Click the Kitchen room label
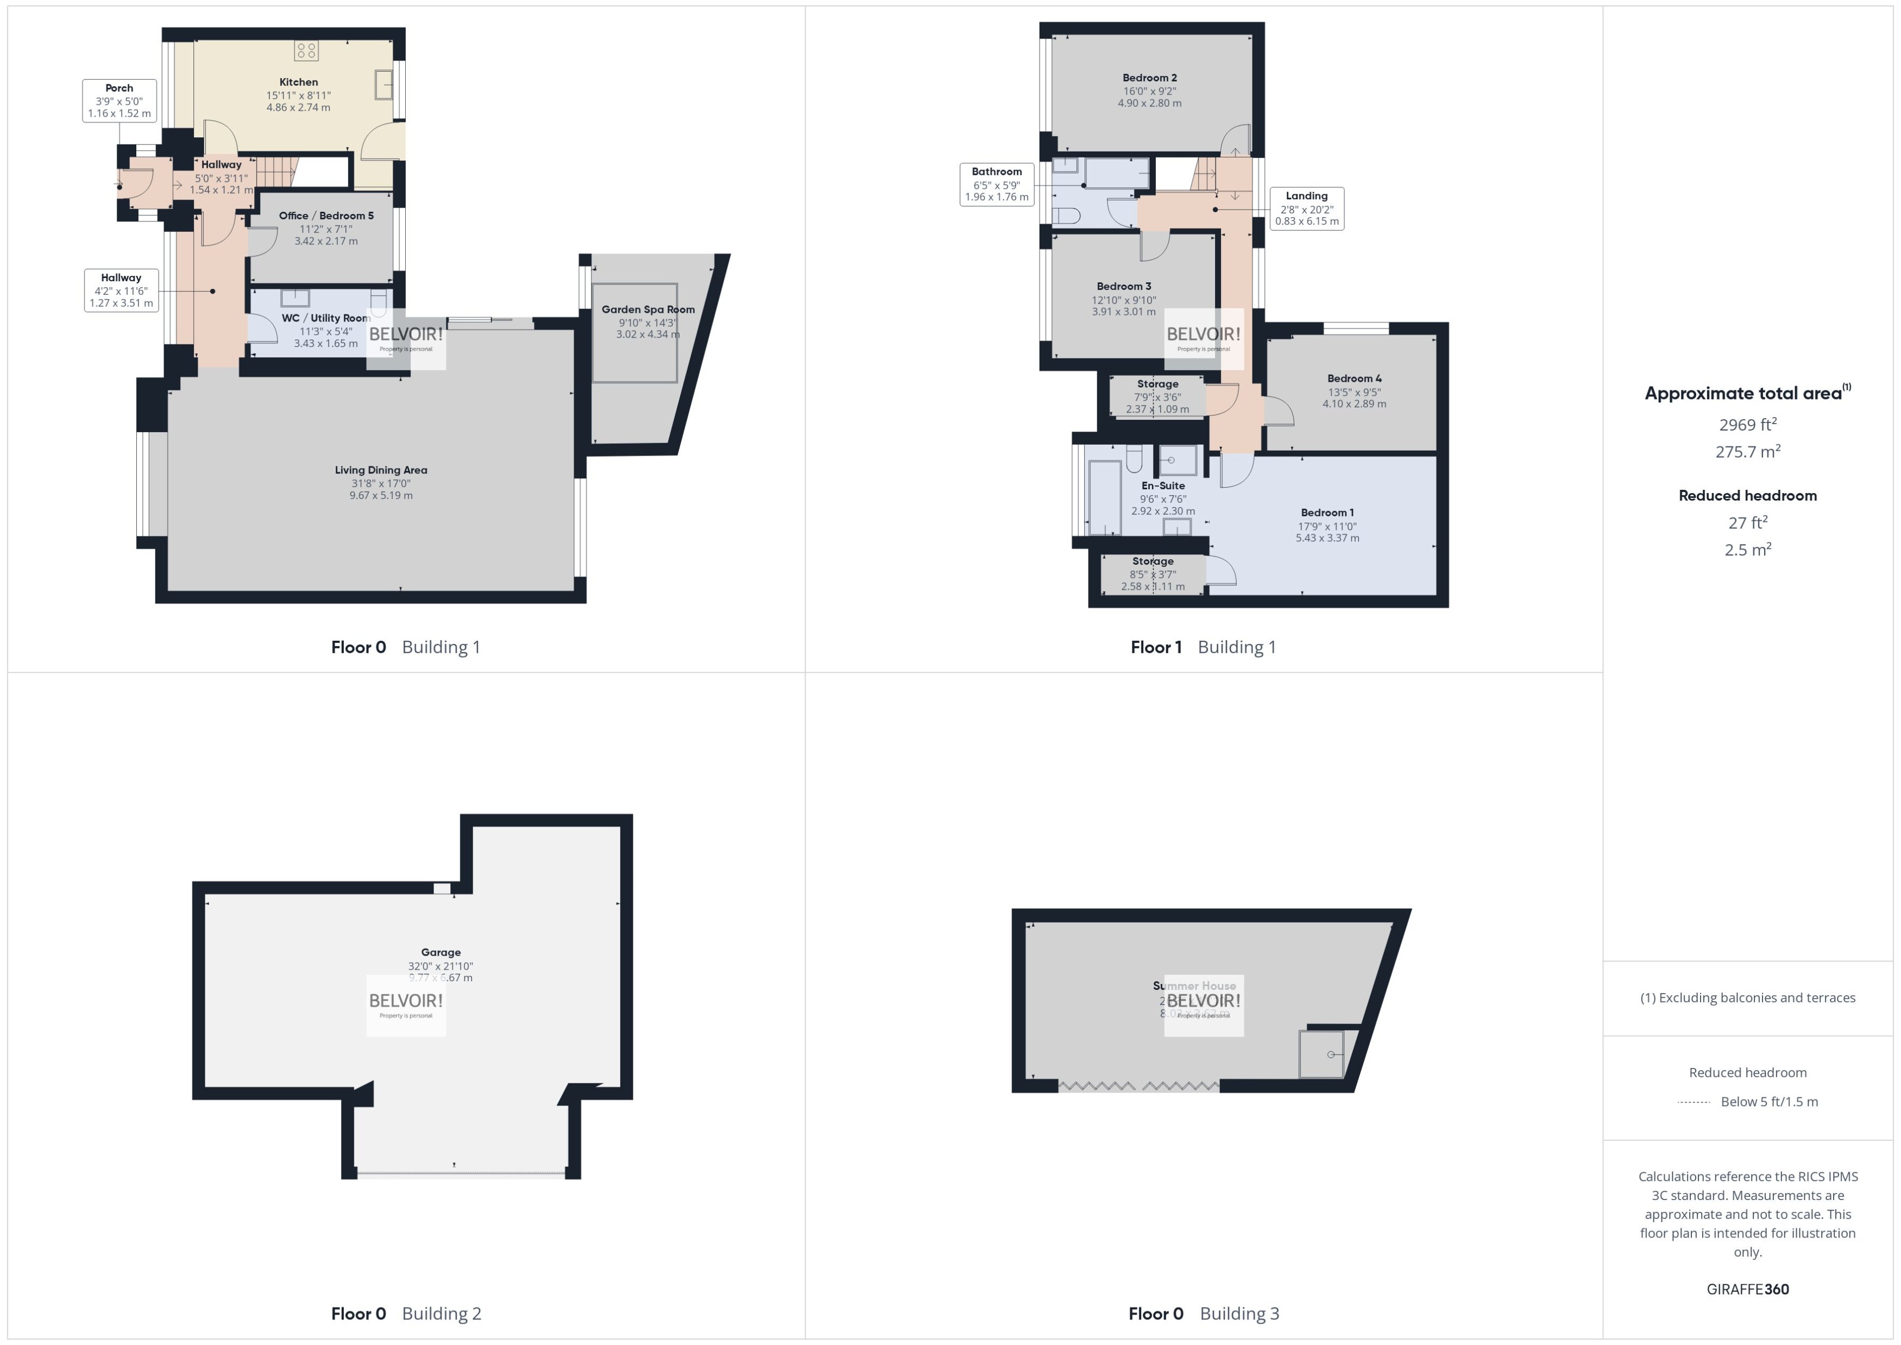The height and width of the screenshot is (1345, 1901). pos(298,82)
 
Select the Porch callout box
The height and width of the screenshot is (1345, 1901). pos(119,100)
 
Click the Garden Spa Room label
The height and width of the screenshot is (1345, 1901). pos(648,310)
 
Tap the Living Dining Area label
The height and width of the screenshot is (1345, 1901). pos(381,470)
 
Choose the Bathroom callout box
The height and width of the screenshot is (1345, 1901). pos(997,184)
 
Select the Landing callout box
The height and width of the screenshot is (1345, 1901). pos(1306,209)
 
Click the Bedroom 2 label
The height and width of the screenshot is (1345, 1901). pos(1150,78)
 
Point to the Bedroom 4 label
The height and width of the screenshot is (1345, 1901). pos(1354,378)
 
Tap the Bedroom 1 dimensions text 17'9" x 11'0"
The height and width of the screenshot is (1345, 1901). pos(1327,526)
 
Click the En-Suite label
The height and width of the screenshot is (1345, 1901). pos(1163,486)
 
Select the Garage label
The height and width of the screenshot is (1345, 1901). pos(440,952)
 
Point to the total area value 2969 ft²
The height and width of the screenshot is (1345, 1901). pos(1748,425)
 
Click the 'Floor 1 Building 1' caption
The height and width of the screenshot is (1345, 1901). pos(1203,647)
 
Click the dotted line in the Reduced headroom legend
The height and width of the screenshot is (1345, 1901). pos(1694,1102)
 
